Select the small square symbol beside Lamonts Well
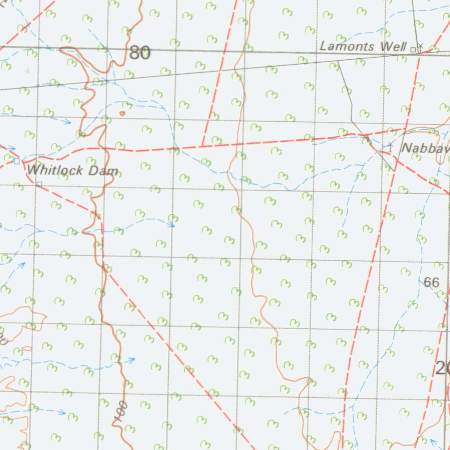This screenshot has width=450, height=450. point(413,49)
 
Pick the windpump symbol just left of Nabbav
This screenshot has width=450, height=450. point(390,146)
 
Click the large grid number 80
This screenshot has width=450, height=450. point(140,53)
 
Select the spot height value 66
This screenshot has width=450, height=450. point(432,283)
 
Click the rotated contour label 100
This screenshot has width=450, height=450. point(122,411)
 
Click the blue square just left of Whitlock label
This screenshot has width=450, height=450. point(17,161)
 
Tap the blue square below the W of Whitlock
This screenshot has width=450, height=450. point(39,184)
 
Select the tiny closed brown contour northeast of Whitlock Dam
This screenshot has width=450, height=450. point(122,113)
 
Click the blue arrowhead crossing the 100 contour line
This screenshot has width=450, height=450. point(131,360)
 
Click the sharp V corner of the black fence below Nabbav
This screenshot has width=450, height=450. point(395,171)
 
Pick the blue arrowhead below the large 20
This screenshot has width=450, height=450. point(433,441)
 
